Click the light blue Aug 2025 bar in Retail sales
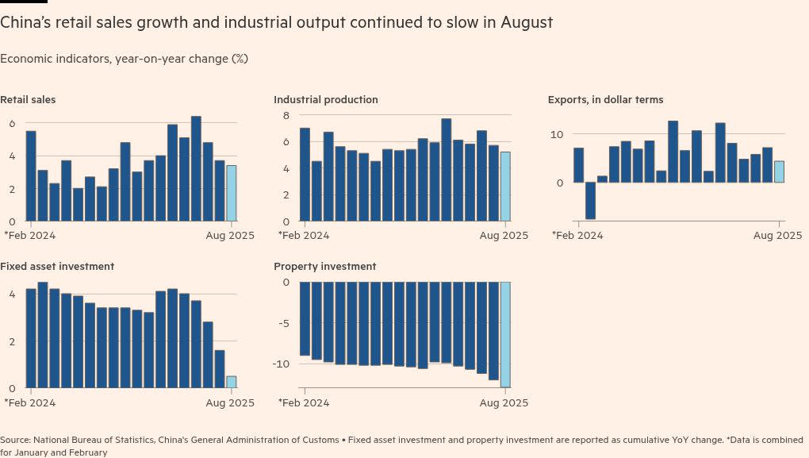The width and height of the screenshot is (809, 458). point(231,193)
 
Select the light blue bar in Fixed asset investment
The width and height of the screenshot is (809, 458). point(231,382)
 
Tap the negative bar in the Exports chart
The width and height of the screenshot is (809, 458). point(590,201)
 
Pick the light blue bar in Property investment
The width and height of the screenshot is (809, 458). point(505,333)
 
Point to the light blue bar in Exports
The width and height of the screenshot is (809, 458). point(779,171)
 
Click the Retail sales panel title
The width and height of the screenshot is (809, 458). point(28,100)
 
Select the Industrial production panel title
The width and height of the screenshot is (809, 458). point(326,100)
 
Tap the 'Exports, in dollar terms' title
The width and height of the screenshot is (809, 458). point(605,100)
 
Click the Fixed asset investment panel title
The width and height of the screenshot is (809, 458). point(57,267)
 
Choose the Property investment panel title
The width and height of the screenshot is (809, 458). point(325,267)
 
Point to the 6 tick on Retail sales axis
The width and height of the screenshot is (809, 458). point(11,123)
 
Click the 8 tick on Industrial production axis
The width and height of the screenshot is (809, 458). point(286,115)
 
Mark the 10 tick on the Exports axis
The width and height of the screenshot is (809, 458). point(557,134)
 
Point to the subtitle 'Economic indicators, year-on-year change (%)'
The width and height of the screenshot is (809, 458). point(125,59)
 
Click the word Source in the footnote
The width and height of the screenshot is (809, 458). point(15,440)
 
